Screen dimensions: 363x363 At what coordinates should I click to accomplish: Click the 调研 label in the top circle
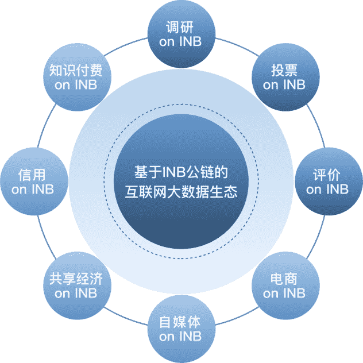pos(180,28)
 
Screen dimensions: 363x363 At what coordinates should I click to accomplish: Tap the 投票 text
pos(284,71)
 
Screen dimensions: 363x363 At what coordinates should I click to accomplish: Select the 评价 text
pos(327,175)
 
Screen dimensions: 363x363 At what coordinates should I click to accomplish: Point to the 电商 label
pos(284,279)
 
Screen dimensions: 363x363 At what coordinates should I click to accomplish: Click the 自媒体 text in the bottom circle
pos(180,322)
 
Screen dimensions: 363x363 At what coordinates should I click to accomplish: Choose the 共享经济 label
pos(76,279)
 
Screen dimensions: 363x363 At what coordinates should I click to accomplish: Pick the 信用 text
pos(32,175)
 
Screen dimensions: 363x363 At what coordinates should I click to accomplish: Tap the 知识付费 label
pos(76,71)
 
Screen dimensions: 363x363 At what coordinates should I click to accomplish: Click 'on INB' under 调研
pos(180,42)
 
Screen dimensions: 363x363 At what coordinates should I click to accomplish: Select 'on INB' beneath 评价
pos(327,190)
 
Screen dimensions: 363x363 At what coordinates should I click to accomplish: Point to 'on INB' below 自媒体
pos(180,337)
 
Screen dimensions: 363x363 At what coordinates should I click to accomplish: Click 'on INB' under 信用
pos(33,190)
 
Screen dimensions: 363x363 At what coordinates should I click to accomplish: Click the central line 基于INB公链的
pos(181,172)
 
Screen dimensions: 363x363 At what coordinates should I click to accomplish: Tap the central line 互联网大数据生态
pos(181,192)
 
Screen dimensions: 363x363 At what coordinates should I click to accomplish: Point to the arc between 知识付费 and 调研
pos(125,45)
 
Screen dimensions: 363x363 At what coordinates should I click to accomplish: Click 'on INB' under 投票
pos(284,85)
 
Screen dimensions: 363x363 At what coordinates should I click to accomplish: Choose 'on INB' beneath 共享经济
pos(76,294)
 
